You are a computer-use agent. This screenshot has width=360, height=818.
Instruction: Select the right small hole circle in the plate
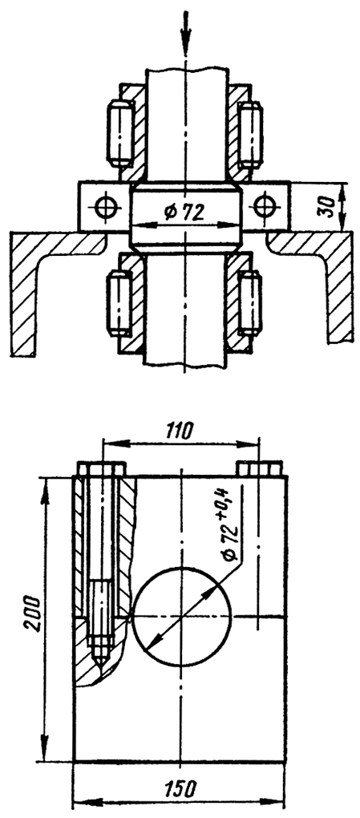(x=265, y=206)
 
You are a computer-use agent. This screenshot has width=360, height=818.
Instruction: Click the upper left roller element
(x=120, y=133)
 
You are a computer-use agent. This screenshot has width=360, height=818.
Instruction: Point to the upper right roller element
(x=249, y=133)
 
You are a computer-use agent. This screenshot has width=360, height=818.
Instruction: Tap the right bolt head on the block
(x=259, y=468)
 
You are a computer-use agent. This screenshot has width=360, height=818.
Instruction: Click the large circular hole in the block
(x=181, y=617)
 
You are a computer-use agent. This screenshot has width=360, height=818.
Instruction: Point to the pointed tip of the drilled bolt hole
(x=99, y=663)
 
